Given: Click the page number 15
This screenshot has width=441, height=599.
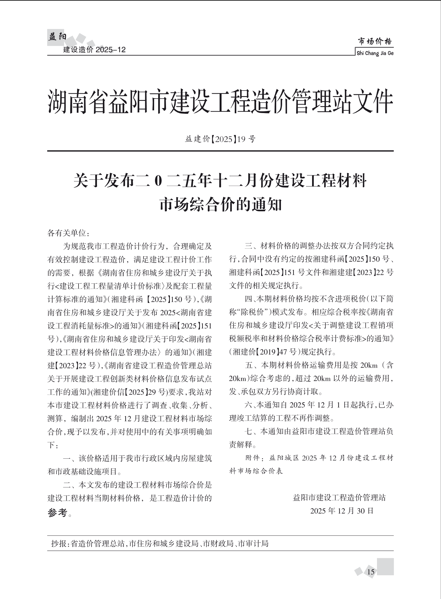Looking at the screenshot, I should pos(371,572).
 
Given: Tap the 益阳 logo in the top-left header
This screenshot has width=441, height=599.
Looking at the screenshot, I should pos(57,37).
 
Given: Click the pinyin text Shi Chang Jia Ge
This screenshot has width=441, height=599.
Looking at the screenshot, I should pos(375,53).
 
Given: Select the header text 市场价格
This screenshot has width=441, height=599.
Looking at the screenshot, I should pos(375,42).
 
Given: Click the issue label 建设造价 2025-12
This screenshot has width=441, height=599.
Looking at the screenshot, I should pos(95,50).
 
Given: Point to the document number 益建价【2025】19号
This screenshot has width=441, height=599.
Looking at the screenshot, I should pos(220,139).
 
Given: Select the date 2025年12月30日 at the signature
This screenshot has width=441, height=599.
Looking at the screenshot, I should pos(342,511).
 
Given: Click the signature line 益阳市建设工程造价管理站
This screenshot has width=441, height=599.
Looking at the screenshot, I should pos(339,498).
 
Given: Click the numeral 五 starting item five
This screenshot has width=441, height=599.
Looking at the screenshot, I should pos(248,366).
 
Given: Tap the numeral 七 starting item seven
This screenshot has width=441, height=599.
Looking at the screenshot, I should pos(248,432).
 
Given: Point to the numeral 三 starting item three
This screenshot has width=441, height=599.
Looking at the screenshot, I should pos(248,246).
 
